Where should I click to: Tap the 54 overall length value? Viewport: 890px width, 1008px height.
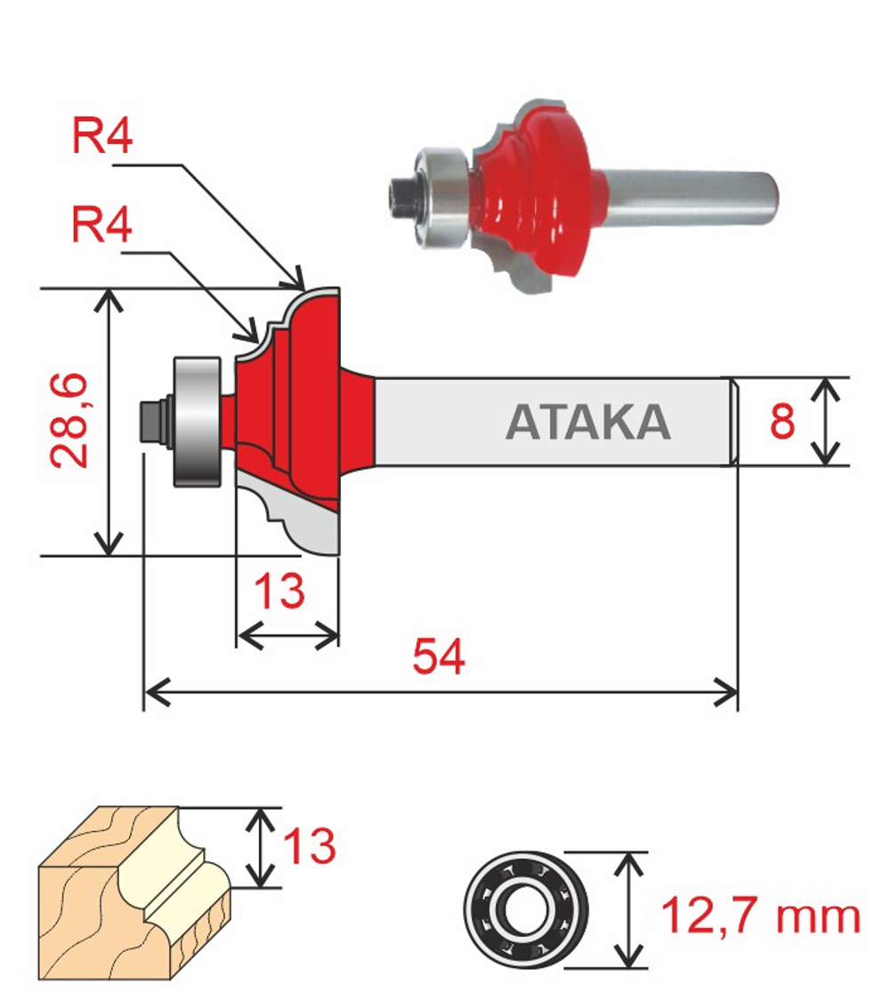pos(438,659)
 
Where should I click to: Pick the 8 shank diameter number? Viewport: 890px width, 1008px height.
pos(782,422)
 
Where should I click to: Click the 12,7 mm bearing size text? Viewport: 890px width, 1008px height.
pos(760,916)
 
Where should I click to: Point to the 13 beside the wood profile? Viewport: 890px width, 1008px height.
pos(309,846)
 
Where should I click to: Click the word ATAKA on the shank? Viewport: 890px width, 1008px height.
pos(587,423)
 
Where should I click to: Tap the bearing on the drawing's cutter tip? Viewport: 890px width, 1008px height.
pos(196,421)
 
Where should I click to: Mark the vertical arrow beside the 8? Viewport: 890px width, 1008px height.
pos(828,421)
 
